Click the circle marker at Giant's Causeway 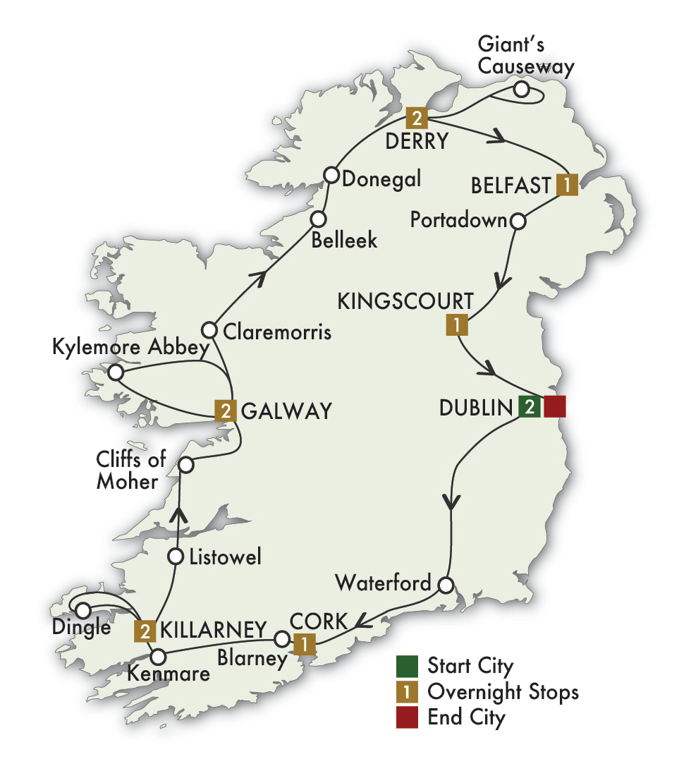pos(521,89)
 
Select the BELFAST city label pos(510,186)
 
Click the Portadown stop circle pos(518,221)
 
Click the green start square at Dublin pos(530,407)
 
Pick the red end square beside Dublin pos(555,407)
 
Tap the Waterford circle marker pos(445,585)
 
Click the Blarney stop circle pos(281,640)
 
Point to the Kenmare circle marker pos(158,655)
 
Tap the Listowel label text pos(226,557)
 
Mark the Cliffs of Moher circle pos(185,465)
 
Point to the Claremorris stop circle pos(209,329)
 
